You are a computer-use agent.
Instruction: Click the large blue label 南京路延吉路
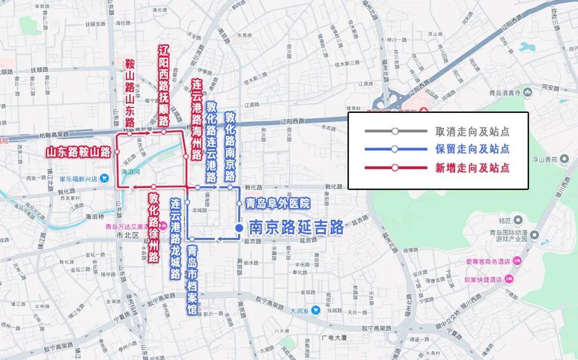[296, 228]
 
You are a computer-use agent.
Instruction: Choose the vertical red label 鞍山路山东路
[130, 93]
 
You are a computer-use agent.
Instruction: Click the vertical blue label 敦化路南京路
[230, 147]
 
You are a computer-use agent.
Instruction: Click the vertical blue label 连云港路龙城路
[175, 238]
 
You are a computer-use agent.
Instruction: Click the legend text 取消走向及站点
[471, 132]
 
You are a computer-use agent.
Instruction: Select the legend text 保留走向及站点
[471, 149]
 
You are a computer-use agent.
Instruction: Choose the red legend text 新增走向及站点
[471, 168]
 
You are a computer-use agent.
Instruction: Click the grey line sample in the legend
[394, 132]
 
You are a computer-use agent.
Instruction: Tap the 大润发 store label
[300, 310]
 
